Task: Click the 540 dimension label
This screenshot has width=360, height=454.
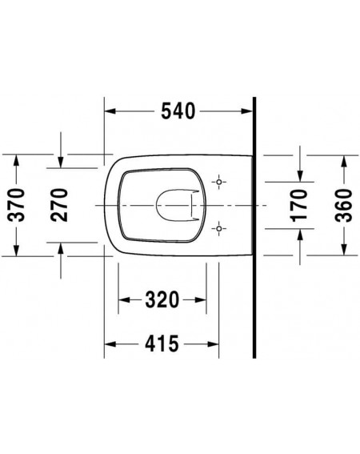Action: pos(178,111)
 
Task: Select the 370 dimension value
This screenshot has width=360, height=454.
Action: pos(16,205)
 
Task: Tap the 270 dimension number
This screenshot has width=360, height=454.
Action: pos(59,205)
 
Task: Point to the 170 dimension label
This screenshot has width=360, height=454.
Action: pos(299,206)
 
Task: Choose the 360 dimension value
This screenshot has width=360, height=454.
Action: pos(344,206)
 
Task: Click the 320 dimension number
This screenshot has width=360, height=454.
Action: pos(162,300)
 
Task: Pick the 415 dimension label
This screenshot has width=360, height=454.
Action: pos(162,344)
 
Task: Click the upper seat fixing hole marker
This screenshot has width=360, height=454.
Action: pos(219,182)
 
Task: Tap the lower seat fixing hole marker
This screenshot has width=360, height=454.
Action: pos(219,228)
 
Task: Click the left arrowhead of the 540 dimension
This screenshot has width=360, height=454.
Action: pos(110,111)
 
